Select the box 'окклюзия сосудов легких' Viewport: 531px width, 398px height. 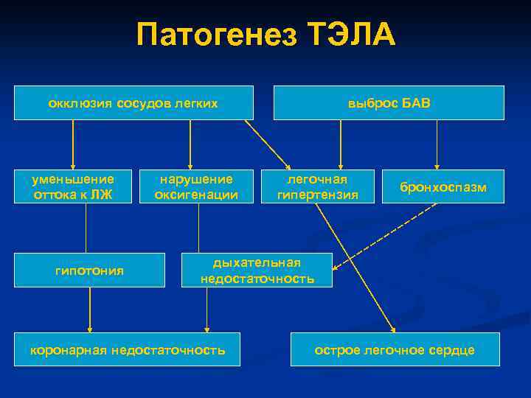[133, 103]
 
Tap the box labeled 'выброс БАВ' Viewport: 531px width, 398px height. [389, 103]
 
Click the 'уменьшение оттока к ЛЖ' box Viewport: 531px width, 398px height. [74, 187]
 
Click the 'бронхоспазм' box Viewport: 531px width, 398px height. [442, 187]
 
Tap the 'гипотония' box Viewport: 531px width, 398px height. [90, 270]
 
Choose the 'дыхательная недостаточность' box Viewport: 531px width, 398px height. [257, 270]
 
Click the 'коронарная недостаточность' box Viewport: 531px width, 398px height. [128, 350]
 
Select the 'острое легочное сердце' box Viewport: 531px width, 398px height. [395, 350]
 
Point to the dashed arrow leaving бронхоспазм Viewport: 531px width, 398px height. [383, 232]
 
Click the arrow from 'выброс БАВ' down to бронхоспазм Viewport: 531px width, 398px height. [437, 144]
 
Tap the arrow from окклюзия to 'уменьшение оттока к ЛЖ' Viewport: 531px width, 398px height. [72, 144]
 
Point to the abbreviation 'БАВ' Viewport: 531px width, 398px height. [417, 103]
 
